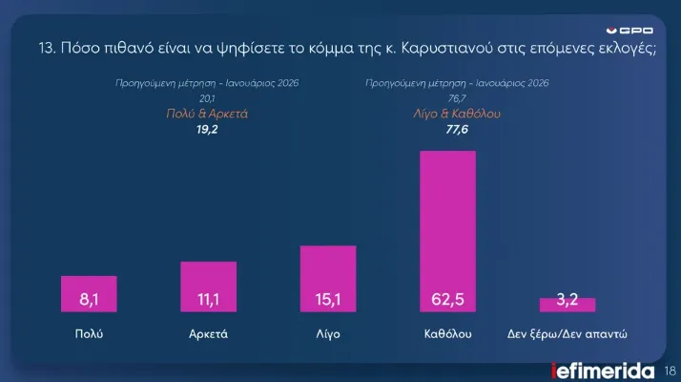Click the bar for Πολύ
click(x=89, y=293)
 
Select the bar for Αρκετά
click(x=208, y=286)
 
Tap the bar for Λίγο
click(x=328, y=278)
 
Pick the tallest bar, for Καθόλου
click(x=447, y=230)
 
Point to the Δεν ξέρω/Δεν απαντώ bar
click(x=567, y=305)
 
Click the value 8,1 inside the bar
click(x=89, y=300)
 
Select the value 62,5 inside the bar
click(x=447, y=300)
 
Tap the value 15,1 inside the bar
click(x=328, y=300)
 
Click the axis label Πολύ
click(x=89, y=335)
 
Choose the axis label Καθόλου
click(x=447, y=335)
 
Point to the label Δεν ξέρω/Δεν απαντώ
click(x=567, y=335)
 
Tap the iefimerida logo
click(x=604, y=370)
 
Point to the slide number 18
click(x=669, y=370)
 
